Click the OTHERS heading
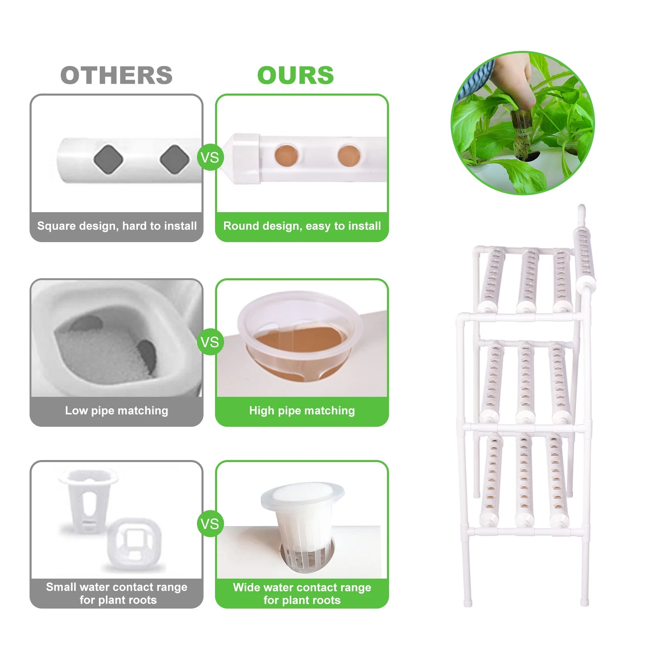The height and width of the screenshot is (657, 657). pyautogui.click(x=117, y=76)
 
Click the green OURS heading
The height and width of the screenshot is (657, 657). pyautogui.click(x=295, y=76)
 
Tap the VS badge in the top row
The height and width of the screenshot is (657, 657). pyautogui.click(x=210, y=158)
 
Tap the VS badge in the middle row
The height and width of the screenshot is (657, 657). pyautogui.click(x=210, y=342)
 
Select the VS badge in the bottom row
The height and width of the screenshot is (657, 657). pyautogui.click(x=210, y=524)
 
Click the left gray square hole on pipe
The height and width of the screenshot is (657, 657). pyautogui.click(x=108, y=159)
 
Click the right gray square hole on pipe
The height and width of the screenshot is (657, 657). pyautogui.click(x=174, y=159)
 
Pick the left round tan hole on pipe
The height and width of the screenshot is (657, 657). pyautogui.click(x=286, y=155)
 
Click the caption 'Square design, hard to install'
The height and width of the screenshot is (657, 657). pyautogui.click(x=117, y=226)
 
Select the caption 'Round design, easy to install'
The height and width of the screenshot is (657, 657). pyautogui.click(x=302, y=226)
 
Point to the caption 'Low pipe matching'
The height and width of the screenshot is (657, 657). pyautogui.click(x=117, y=411)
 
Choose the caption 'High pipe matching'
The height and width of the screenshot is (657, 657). pyautogui.click(x=302, y=411)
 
